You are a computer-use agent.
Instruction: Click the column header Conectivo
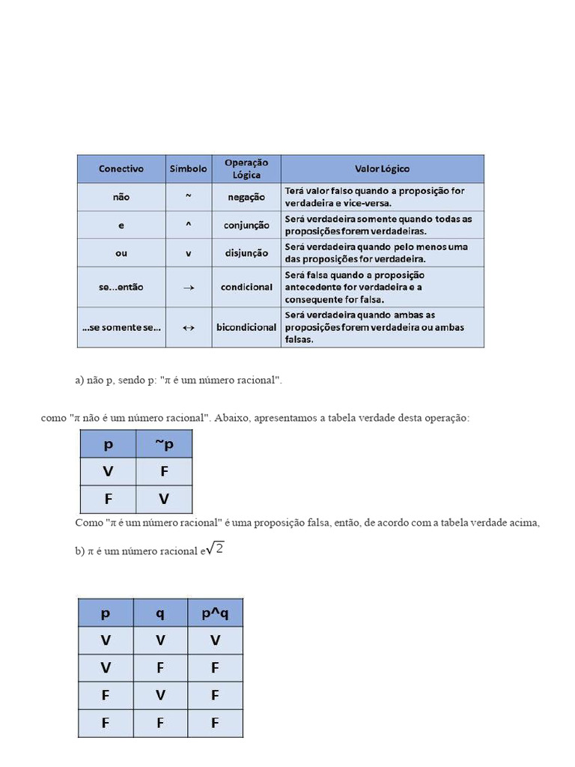point(121,169)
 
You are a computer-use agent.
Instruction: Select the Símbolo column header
point(188,169)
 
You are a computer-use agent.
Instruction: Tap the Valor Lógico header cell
point(382,169)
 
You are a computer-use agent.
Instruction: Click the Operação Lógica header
point(246,169)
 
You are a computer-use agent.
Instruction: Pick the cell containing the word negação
point(246,197)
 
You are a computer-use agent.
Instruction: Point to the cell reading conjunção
point(246,225)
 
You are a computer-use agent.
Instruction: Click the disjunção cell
point(246,253)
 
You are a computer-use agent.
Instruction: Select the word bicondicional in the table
point(246,327)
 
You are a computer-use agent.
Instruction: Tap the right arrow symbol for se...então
point(189,288)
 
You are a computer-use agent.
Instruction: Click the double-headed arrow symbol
point(189,327)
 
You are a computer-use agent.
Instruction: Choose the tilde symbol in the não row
point(189,196)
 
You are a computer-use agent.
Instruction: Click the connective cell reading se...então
point(121,288)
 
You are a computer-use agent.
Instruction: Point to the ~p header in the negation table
point(164,444)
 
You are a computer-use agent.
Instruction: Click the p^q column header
point(215,613)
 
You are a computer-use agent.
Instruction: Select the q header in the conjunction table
point(160,613)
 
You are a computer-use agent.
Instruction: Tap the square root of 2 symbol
point(216,549)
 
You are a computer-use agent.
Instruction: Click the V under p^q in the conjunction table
point(215,640)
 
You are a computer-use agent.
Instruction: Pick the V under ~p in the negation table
point(164,500)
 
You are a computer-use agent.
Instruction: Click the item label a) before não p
point(79,381)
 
